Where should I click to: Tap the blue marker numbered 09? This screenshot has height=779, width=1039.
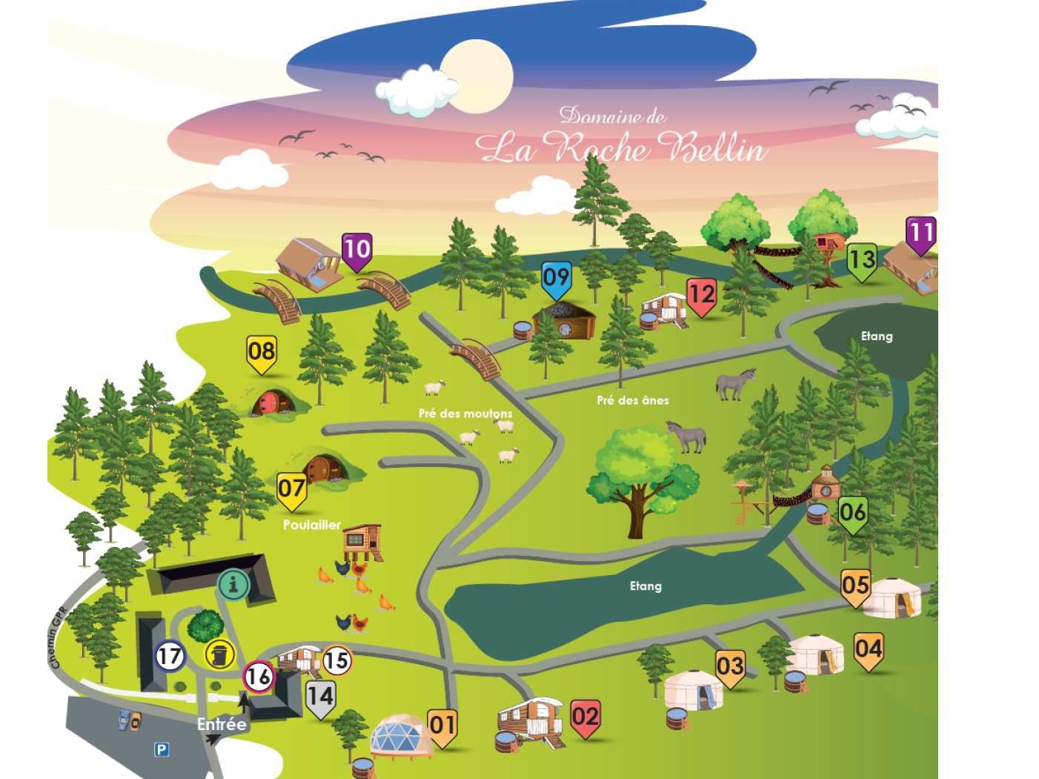click(x=557, y=280)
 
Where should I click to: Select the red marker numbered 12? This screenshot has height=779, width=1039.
click(x=701, y=297)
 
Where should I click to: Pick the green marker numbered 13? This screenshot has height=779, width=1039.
click(x=861, y=262)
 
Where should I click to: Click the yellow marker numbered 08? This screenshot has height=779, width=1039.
click(x=262, y=354)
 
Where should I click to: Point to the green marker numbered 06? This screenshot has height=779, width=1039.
click(x=852, y=515)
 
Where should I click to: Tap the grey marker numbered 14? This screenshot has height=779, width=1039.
click(x=321, y=700)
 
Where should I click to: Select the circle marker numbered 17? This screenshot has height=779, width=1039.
click(x=170, y=657)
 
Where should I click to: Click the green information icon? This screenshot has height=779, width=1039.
click(x=233, y=585)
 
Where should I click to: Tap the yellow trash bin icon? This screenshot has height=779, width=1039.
click(x=219, y=654)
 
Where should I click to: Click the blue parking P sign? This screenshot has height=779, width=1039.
click(x=162, y=749)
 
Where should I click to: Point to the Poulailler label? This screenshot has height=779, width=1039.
click(x=311, y=524)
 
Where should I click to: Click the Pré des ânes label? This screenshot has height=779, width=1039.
click(x=633, y=400)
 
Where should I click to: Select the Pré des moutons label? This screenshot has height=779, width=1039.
click(x=465, y=414)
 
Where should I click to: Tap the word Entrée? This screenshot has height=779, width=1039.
click(x=222, y=724)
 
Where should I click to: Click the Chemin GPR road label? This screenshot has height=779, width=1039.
click(x=59, y=637)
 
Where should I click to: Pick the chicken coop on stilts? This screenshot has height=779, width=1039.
click(x=362, y=543)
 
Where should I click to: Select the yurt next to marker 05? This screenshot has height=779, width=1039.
click(x=892, y=598)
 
